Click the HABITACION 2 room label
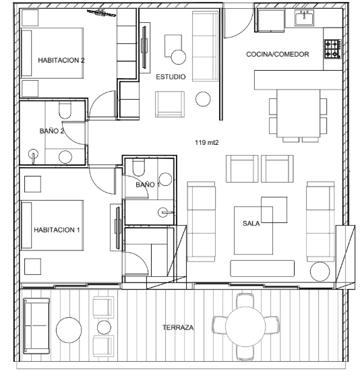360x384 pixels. click(61, 60)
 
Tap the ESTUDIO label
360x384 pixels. click(171, 77)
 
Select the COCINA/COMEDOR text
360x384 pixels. click(277, 54)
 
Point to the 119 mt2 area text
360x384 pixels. click(206, 143)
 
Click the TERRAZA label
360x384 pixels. click(178, 327)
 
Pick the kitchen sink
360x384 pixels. click(304, 18)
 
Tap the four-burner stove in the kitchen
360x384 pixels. click(333, 49)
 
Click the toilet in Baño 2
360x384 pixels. click(65, 110)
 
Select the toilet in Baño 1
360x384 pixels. click(139, 167)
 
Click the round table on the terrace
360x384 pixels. click(245, 327)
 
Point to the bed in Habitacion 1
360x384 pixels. click(53, 225)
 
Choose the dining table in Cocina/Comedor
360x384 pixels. click(298, 113)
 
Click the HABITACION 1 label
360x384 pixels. click(57, 230)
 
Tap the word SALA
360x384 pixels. click(251, 224)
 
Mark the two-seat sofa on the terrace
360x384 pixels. click(36, 326)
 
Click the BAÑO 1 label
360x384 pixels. click(148, 185)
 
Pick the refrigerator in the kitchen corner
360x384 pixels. click(270, 21)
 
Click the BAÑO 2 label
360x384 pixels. click(52, 131)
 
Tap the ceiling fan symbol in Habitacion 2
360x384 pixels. click(101, 13)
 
